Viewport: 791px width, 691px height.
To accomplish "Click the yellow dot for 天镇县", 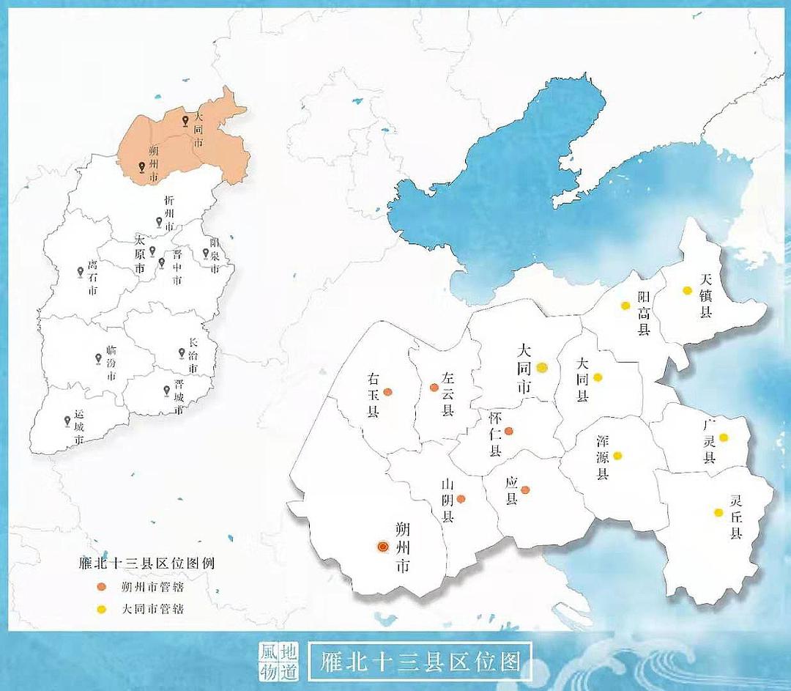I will pyautogui.click(x=687, y=290).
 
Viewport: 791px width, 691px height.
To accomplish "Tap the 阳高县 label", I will pyautogui.click(x=644, y=313).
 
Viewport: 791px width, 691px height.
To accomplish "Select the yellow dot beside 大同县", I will pyautogui.click(x=598, y=377).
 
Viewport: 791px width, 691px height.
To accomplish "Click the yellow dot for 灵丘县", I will pyautogui.click(x=718, y=512).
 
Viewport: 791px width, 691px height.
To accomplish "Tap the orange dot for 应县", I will pyautogui.click(x=525, y=490).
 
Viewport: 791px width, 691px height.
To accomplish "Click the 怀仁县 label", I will pyautogui.click(x=495, y=435).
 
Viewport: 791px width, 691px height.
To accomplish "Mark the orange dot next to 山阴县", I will pyautogui.click(x=461, y=499).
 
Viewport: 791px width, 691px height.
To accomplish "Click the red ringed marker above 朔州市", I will pyautogui.click(x=382, y=546).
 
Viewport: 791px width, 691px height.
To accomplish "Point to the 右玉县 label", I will pyautogui.click(x=374, y=396).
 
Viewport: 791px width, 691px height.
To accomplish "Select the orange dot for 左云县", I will pyautogui.click(x=434, y=387).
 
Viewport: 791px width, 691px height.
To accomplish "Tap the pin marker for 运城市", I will pyautogui.click(x=67, y=421).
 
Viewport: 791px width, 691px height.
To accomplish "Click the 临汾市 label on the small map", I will pyautogui.click(x=111, y=363).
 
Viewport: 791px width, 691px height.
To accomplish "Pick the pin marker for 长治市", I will pyautogui.click(x=182, y=352).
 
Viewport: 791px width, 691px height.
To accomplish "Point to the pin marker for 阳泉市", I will pyautogui.click(x=206, y=253).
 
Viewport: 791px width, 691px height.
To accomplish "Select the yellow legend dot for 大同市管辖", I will pyautogui.click(x=102, y=608).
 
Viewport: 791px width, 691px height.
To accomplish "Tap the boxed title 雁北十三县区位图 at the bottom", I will pyautogui.click(x=420, y=662).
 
